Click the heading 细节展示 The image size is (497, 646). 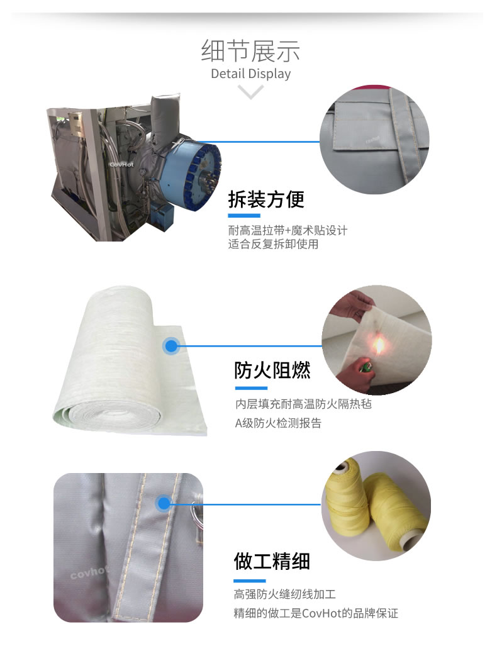click(x=250, y=51)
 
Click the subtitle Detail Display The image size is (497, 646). click(x=250, y=74)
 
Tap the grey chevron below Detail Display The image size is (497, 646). click(x=250, y=91)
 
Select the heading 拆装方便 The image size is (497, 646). click(x=266, y=199)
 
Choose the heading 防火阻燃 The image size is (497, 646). click(x=272, y=370)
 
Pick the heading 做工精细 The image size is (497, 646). click(x=272, y=562)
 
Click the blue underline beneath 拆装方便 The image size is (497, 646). click(x=244, y=216)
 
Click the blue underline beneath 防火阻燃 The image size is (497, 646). click(x=251, y=388)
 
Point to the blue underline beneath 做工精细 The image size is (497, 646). click(x=249, y=581)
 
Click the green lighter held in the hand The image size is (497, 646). click(x=364, y=366)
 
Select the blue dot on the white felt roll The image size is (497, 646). click(x=171, y=346)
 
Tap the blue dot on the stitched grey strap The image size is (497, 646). click(x=164, y=503)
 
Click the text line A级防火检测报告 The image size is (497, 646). click(x=278, y=423)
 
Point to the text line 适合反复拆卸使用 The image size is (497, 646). click(x=273, y=244)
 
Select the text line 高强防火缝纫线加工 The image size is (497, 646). click(x=285, y=594)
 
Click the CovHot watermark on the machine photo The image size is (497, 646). click(x=121, y=164)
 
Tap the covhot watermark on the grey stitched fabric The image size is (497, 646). click(x=89, y=572)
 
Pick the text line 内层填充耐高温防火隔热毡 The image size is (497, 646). click(x=303, y=404)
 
